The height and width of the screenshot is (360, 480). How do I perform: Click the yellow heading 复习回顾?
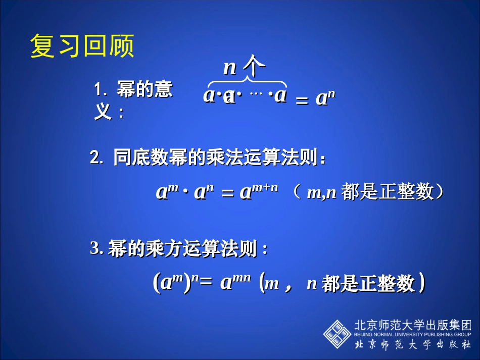(x=82, y=46)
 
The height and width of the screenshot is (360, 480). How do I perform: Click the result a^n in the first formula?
(x=325, y=98)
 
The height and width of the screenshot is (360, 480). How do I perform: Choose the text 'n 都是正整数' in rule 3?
(x=361, y=283)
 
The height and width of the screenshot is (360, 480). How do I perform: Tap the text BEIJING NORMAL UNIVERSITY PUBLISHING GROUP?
(x=413, y=334)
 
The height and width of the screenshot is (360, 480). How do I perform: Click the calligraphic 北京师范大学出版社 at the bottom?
(x=413, y=345)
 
